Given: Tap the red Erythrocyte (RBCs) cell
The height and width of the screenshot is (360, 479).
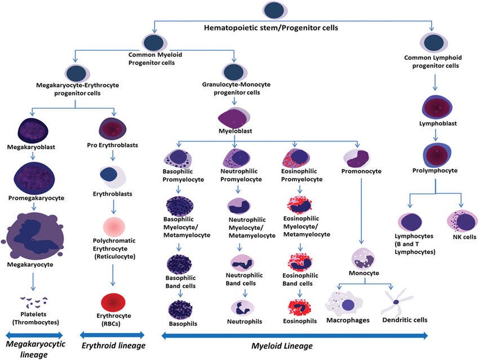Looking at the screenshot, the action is click(x=113, y=303).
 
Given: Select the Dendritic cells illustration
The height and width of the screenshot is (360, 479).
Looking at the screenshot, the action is click(x=396, y=303).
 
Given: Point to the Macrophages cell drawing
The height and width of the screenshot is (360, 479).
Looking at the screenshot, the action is click(x=344, y=304).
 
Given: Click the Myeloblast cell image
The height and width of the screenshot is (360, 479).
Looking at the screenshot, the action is click(x=234, y=118).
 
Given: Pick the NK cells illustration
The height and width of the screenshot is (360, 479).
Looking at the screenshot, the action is click(x=462, y=221).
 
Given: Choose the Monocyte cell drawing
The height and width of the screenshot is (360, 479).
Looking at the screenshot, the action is click(x=363, y=259).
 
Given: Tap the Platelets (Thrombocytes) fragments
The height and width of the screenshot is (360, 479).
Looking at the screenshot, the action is click(x=34, y=302).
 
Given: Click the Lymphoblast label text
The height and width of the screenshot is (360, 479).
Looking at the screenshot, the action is click(x=438, y=124).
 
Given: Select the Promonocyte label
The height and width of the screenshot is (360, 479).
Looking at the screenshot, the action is click(x=361, y=171).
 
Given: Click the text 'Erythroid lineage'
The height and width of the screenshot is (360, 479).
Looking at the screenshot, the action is click(x=113, y=346).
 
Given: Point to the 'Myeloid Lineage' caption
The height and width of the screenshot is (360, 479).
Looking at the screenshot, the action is click(x=282, y=346).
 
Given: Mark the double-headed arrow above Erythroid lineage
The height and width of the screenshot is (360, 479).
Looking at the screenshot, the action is click(x=112, y=335).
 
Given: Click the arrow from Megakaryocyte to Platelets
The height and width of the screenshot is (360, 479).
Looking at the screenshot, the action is click(x=33, y=281).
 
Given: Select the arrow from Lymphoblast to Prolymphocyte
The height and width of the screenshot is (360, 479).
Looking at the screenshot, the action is click(x=436, y=135).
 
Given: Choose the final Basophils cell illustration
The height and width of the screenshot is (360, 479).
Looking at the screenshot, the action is click(x=180, y=310).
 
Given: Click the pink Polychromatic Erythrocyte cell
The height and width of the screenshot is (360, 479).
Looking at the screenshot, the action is click(x=114, y=227).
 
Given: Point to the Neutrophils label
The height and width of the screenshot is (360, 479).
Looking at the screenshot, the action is click(x=245, y=322).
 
